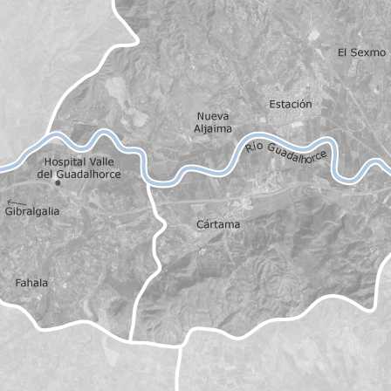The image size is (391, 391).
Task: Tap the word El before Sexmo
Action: (x=343, y=52)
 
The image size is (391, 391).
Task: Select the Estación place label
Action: (x=291, y=104)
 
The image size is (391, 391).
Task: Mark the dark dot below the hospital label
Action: (x=58, y=183)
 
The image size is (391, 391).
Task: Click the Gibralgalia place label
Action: (x=32, y=211)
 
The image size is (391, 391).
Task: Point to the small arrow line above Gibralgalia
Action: (x=11, y=203)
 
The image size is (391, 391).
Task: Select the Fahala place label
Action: (x=32, y=283)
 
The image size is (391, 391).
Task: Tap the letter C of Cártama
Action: (x=201, y=225)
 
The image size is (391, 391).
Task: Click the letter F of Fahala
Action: (x=19, y=283)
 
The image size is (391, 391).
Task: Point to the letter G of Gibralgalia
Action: (x=8, y=211)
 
